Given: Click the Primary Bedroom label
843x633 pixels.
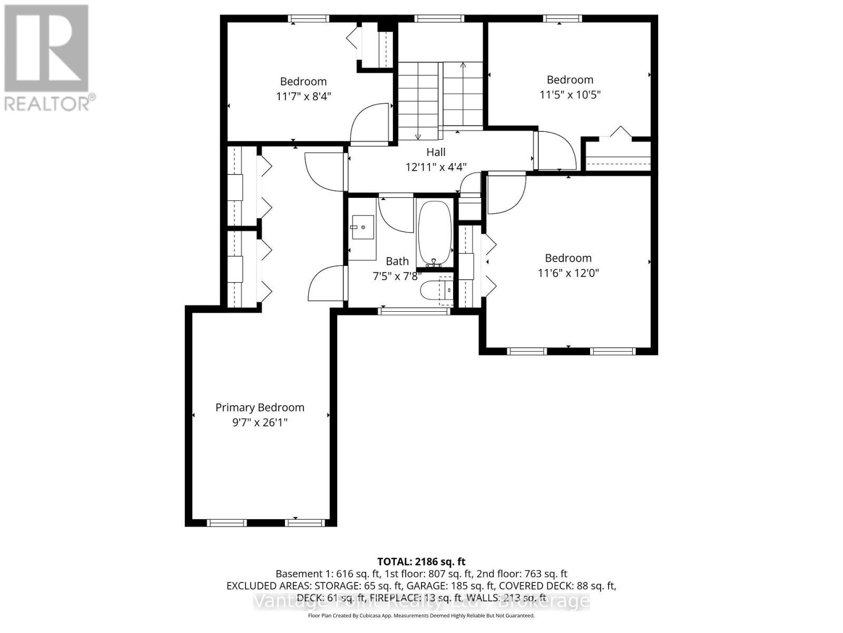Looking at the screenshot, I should coord(260,407).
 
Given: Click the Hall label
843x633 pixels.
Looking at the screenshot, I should coord(436,152).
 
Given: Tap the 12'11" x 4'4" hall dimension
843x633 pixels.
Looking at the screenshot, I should coord(436,167).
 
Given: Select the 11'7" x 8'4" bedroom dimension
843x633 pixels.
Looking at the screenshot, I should coord(303,97).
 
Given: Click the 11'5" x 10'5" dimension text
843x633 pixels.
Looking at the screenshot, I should coord(570,95).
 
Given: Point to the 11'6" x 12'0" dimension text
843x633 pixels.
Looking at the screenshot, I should coord(568,273).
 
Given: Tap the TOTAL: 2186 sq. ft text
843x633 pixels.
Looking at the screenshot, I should coord(421,562).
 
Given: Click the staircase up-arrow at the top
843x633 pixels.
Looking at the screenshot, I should coord(463,66).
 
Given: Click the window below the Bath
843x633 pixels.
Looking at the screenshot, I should coord(415,311).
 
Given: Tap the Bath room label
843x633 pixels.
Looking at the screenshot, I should coord(397,261).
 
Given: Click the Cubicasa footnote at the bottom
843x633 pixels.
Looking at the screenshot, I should coord(421,616).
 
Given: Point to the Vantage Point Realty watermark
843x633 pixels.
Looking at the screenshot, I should coord(421,601).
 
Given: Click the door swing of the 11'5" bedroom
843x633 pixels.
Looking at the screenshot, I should coord(555,150).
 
